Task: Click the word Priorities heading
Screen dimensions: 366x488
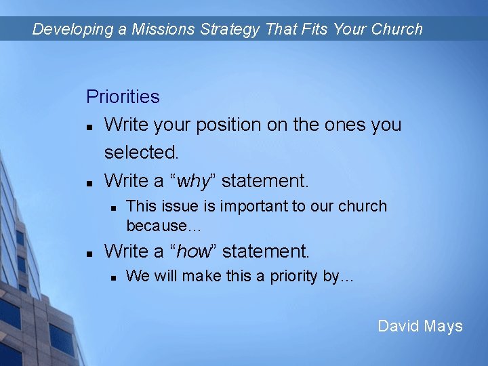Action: (x=123, y=97)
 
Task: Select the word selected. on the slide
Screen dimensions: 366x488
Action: (x=141, y=152)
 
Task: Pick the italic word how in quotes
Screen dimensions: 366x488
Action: (x=194, y=251)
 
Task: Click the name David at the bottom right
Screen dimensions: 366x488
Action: (x=399, y=326)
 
